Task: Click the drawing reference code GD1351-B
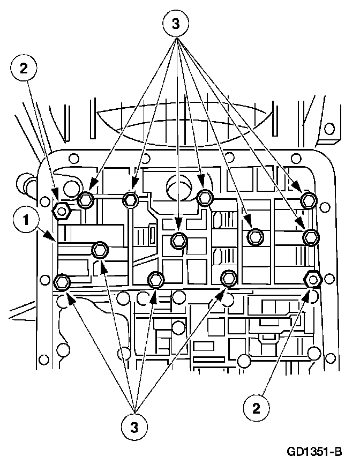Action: pos(313,451)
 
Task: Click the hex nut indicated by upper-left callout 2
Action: pos(62,212)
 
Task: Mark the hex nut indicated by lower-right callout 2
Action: pos(312,279)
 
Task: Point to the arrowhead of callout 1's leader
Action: pos(54,240)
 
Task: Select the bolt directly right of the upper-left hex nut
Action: pos(86,200)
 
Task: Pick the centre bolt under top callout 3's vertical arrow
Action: pos(179,241)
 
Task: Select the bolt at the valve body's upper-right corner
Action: pos(309,200)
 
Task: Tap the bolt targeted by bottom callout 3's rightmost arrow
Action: pos(229,277)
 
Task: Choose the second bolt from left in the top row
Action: pos(131,200)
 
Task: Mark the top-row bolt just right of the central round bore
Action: pos(204,197)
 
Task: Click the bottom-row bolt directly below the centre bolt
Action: pos(156,279)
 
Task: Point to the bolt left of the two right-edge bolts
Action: pos(256,236)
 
